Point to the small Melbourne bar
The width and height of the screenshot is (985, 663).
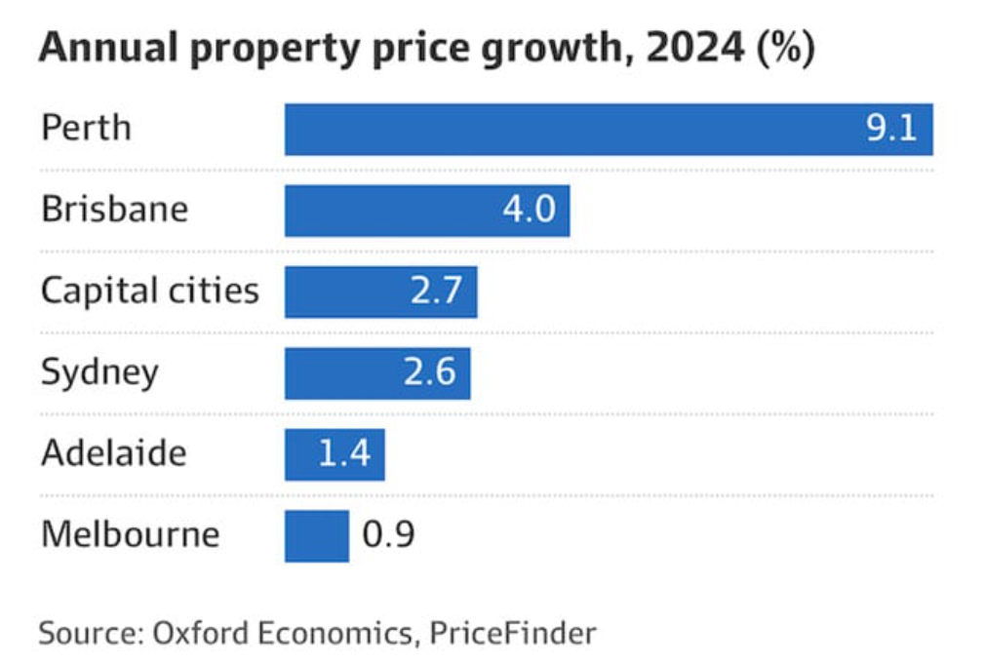(x=316, y=536)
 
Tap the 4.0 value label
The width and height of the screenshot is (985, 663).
(x=529, y=211)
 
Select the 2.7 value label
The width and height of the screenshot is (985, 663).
(x=436, y=292)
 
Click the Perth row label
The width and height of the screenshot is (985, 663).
(x=86, y=129)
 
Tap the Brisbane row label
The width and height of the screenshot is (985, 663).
(x=114, y=210)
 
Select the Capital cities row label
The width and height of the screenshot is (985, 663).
(x=150, y=292)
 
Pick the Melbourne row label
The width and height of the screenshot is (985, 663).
(x=130, y=535)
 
